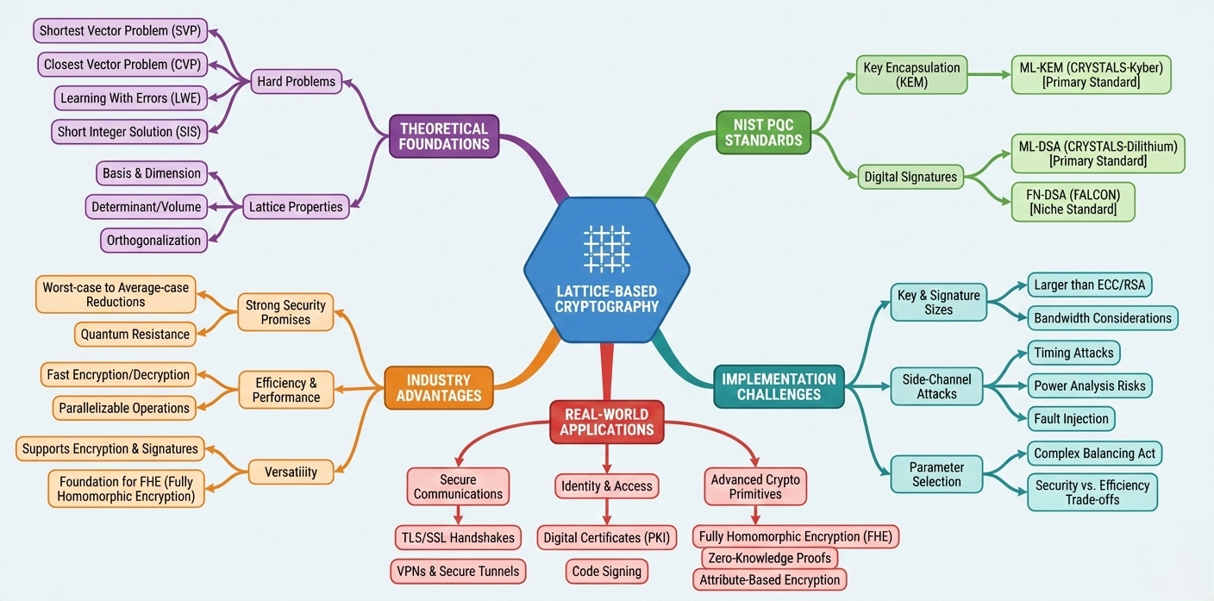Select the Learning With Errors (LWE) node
tap(130, 98)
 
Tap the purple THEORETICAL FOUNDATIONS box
tap(444, 136)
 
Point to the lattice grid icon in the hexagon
tap(606, 249)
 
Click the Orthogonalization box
tap(153, 240)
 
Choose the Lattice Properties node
tap(296, 206)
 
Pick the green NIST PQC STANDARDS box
tap(764, 132)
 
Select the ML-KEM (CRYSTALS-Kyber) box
tap(1091, 75)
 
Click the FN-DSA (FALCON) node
tap(1073, 202)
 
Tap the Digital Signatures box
tap(910, 177)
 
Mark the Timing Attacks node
tap(1073, 352)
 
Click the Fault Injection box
tap(1072, 418)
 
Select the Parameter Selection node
tap(936, 474)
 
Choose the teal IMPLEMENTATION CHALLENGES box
tap(779, 387)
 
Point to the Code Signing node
tap(607, 571)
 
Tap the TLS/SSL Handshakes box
tap(457, 538)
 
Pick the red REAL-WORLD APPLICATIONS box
tap(606, 422)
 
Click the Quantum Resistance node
tap(135, 334)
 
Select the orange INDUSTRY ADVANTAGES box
tap(438, 388)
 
